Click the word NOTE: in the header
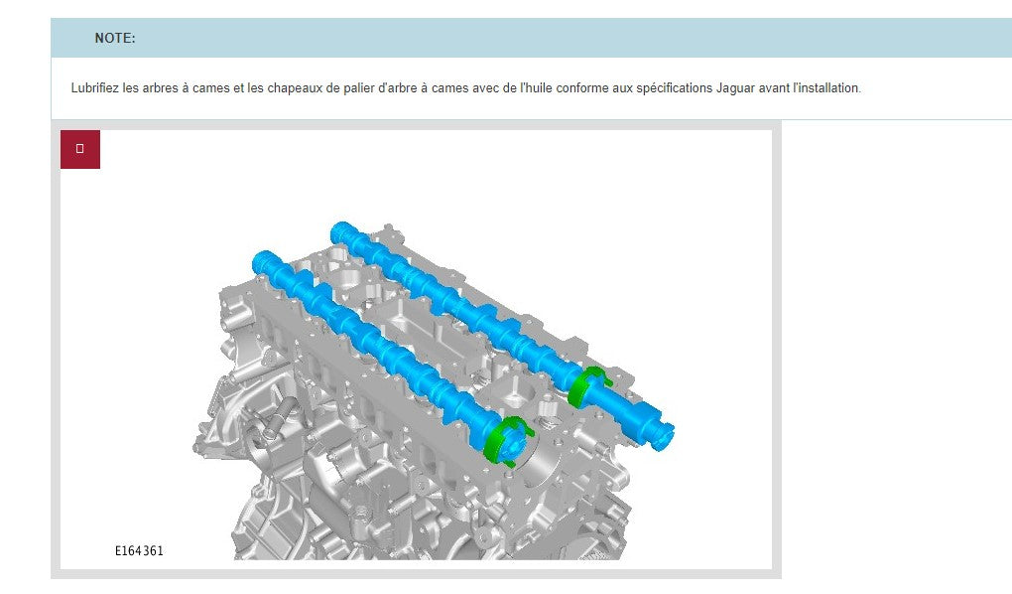(x=115, y=38)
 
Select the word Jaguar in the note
(x=735, y=87)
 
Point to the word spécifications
(x=674, y=87)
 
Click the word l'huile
(x=537, y=87)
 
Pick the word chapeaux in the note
(x=295, y=87)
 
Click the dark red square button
(x=80, y=149)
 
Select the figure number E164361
(x=140, y=550)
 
